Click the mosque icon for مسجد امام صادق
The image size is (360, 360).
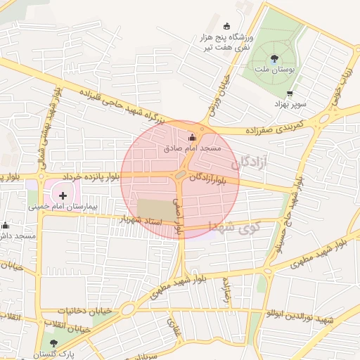click(x=193, y=138)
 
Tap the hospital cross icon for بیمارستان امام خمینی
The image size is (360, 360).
click(x=63, y=195)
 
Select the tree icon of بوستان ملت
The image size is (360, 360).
click(x=274, y=59)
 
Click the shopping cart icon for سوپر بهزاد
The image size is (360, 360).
click(x=290, y=94)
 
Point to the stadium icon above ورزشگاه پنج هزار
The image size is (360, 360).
click(x=226, y=27)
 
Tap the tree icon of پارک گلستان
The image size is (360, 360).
click(x=54, y=343)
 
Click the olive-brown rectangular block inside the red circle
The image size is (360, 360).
click(x=155, y=209)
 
